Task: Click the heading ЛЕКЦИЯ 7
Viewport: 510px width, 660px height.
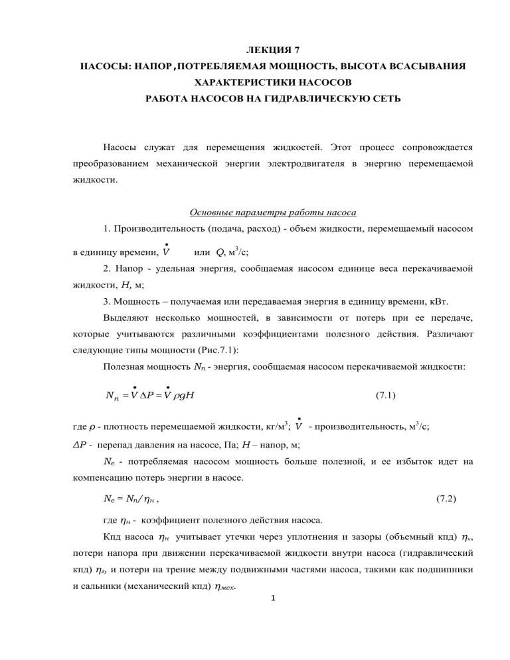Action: click(254, 50)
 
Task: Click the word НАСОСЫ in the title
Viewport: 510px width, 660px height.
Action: click(106, 67)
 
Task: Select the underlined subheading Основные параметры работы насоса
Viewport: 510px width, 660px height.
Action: click(273, 212)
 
